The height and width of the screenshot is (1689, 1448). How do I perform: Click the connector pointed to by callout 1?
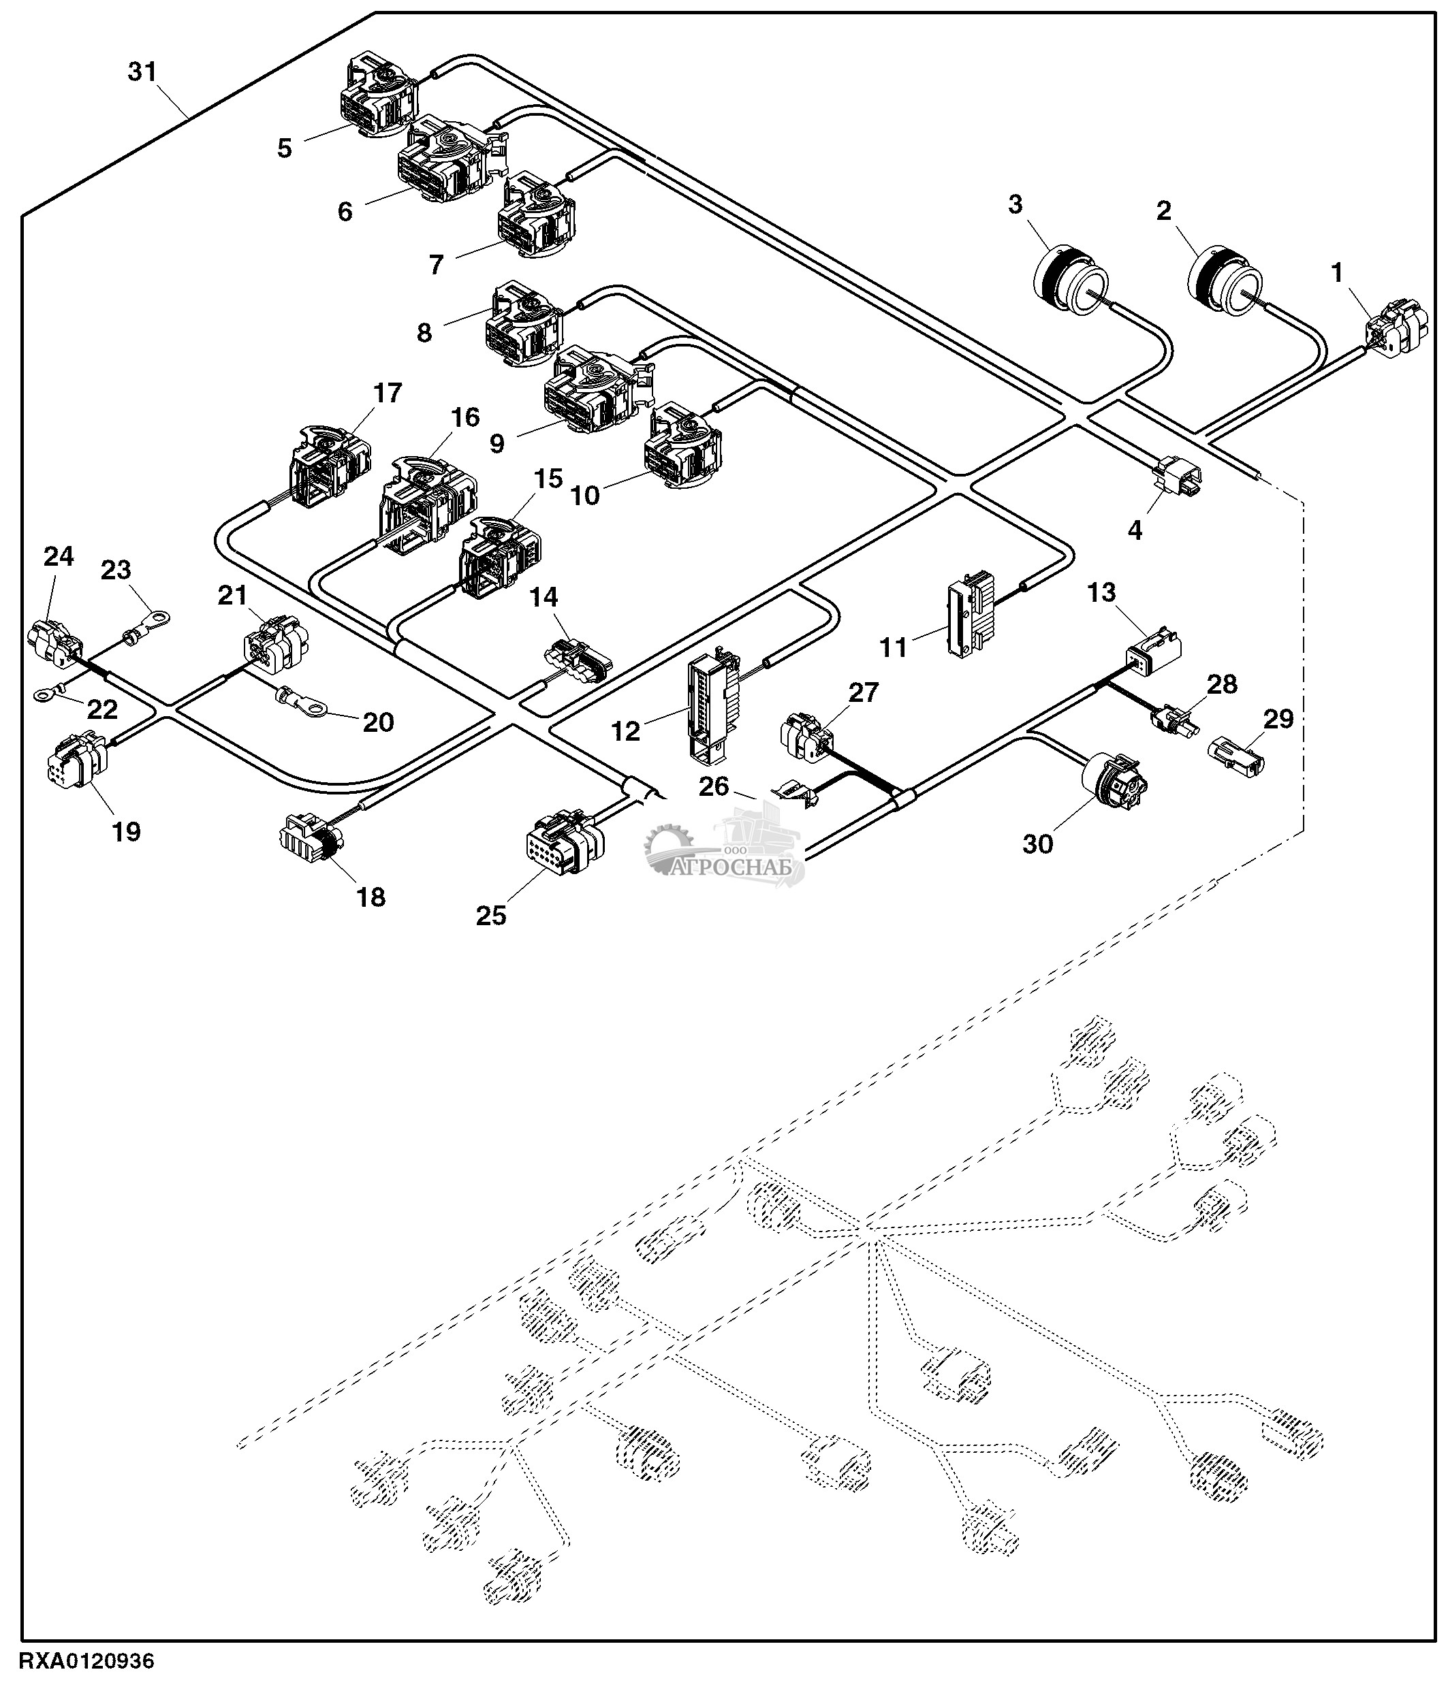click(1397, 329)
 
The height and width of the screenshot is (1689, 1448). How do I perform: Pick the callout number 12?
click(625, 731)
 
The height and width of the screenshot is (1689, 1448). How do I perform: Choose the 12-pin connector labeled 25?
click(566, 842)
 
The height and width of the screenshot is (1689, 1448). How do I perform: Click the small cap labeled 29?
click(1236, 756)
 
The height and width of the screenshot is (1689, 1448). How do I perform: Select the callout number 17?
click(388, 393)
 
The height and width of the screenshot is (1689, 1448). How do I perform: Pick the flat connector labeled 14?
click(578, 657)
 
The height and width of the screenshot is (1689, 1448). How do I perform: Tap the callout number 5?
click(284, 148)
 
